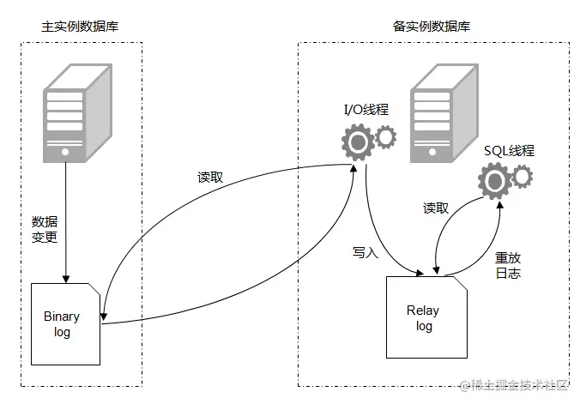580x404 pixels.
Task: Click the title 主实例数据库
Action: coord(80,26)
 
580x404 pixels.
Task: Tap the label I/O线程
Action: coord(365,110)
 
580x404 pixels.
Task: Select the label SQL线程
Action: coord(509,151)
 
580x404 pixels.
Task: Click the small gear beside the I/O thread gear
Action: coord(387,136)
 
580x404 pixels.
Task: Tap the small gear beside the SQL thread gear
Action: coord(522,177)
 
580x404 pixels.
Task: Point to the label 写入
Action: coord(365,252)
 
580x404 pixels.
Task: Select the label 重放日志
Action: coord(508,265)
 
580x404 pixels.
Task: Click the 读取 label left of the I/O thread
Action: coord(210,178)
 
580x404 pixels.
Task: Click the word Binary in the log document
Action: coord(62,317)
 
